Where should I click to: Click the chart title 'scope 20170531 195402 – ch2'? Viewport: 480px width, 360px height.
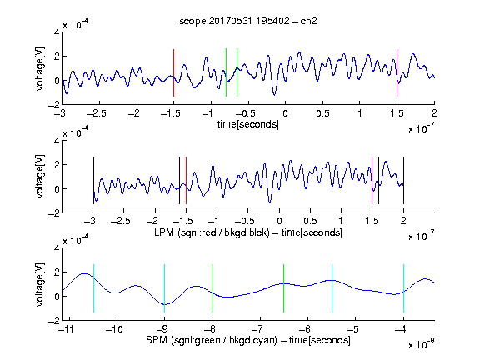tap(248, 21)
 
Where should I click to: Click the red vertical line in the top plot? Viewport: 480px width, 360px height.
tap(173, 72)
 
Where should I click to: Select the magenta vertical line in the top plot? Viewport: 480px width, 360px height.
tap(397, 72)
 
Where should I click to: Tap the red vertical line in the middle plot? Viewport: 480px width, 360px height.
tap(186, 180)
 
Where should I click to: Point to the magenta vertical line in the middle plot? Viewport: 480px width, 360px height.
tap(372, 180)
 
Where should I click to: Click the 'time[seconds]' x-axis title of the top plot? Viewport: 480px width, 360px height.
tap(248, 124)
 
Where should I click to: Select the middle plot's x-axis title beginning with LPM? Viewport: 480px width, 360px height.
tap(248, 232)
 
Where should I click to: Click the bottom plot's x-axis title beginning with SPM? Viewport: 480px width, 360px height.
tap(248, 340)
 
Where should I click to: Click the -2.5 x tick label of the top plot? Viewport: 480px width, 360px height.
tap(96, 113)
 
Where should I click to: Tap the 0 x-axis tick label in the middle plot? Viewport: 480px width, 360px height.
tap(279, 221)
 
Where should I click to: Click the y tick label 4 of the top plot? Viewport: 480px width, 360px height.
tap(57, 32)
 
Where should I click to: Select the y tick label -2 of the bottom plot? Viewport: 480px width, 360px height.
tap(53, 321)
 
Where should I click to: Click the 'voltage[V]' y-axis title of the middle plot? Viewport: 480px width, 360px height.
tap(40, 177)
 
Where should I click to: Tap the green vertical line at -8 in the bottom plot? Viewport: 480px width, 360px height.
tap(212, 288)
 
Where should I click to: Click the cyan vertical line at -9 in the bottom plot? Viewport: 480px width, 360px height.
tap(165, 288)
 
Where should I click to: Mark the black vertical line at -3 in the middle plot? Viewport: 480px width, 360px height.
tap(93, 180)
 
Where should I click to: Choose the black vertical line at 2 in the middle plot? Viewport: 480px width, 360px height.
tap(403, 180)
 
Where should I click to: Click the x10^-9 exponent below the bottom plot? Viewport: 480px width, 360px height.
tap(422, 343)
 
